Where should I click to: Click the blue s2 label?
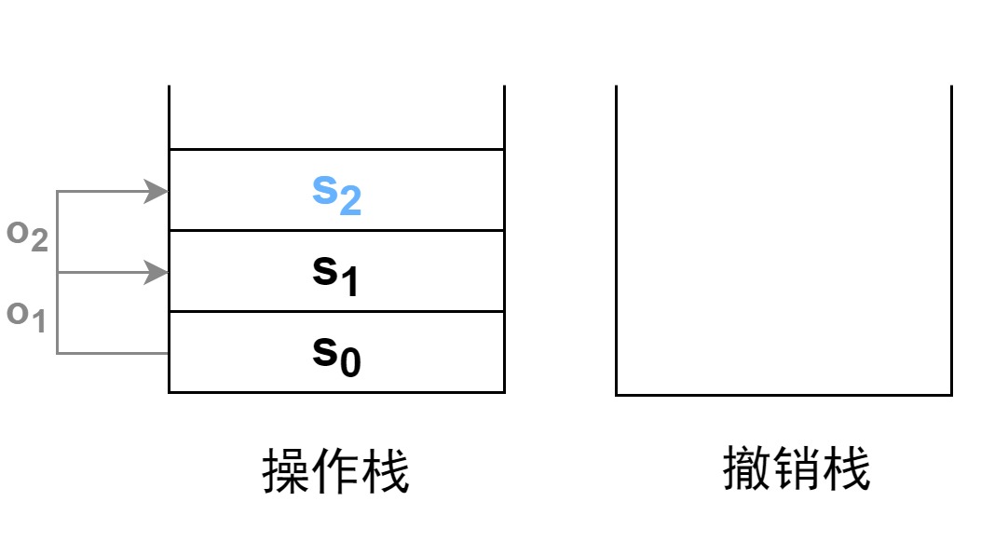(x=335, y=193)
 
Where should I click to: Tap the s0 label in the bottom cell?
(x=335, y=354)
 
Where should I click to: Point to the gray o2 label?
(x=27, y=234)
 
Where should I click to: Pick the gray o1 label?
(x=27, y=315)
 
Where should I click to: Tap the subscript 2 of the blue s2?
(x=350, y=201)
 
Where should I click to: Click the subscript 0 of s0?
(x=350, y=362)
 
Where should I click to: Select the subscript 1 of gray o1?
(x=38, y=321)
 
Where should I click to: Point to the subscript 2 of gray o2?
(x=38, y=240)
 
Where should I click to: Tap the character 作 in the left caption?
(x=335, y=471)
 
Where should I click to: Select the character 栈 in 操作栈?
(x=385, y=471)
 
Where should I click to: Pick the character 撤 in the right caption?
(x=748, y=468)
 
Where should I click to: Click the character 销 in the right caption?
(x=797, y=468)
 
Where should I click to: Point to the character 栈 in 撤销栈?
(x=847, y=468)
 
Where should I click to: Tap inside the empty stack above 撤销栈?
(x=783, y=242)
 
